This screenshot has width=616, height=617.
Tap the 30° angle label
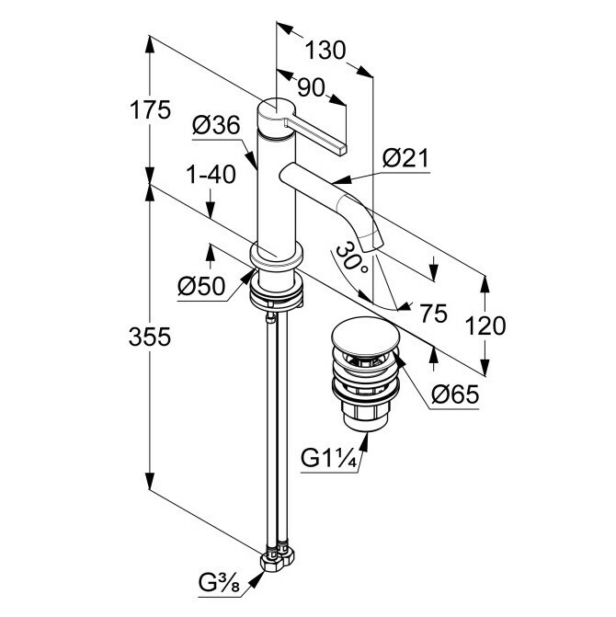point(352,261)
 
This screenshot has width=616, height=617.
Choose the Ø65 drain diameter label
point(454,397)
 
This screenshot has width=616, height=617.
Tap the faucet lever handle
point(318,130)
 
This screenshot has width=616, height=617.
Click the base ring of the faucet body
point(276,257)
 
